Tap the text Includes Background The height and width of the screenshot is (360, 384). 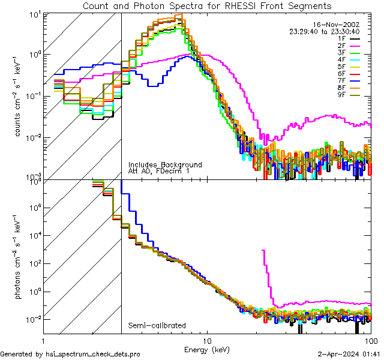point(165,164)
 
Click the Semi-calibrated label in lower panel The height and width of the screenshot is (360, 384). point(157,326)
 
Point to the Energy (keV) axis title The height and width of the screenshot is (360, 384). point(206,349)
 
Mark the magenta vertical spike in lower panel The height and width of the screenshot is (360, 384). point(264,270)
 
